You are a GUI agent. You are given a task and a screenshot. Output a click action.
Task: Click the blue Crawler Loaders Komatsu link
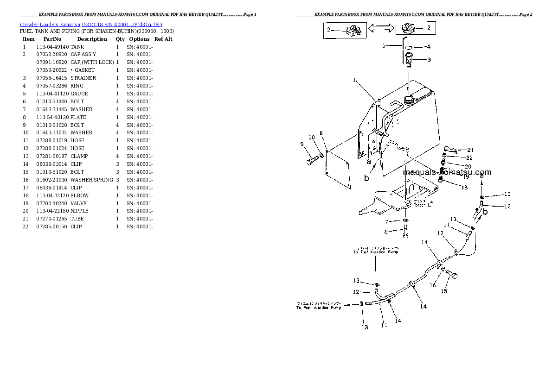[91, 24]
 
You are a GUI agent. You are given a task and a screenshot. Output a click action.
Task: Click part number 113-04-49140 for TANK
[52, 47]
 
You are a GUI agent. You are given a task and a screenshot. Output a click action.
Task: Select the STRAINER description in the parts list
[83, 78]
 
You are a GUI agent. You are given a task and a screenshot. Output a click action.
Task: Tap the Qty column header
[120, 39]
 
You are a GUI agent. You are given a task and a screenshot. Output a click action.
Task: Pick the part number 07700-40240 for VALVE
[52, 203]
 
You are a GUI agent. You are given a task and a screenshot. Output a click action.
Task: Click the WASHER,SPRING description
[91, 180]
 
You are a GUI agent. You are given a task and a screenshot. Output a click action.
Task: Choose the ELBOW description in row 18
[79, 195]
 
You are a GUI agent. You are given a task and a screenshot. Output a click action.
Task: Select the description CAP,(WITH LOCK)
[92, 62]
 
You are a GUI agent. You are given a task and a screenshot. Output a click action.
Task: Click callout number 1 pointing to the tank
[354, 80]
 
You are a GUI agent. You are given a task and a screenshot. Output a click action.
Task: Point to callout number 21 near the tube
[470, 150]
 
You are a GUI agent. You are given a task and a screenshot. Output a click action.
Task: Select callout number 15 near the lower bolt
[444, 291]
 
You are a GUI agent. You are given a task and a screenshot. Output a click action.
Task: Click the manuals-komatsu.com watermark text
[447, 172]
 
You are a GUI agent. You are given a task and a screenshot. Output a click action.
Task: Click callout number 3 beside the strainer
[429, 59]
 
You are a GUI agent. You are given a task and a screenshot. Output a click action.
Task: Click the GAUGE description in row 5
[79, 94]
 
